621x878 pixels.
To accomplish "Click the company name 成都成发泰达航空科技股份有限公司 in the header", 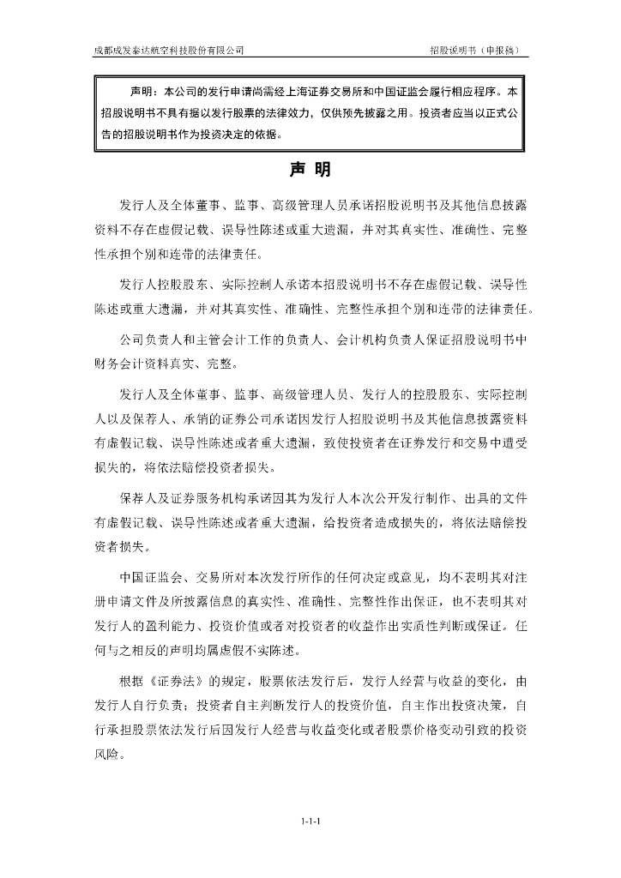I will [x=168, y=51].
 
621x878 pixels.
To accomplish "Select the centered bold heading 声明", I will [x=310, y=170].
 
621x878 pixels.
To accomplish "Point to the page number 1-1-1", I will [x=310, y=821].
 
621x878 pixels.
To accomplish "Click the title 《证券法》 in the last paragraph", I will [x=178, y=682].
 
